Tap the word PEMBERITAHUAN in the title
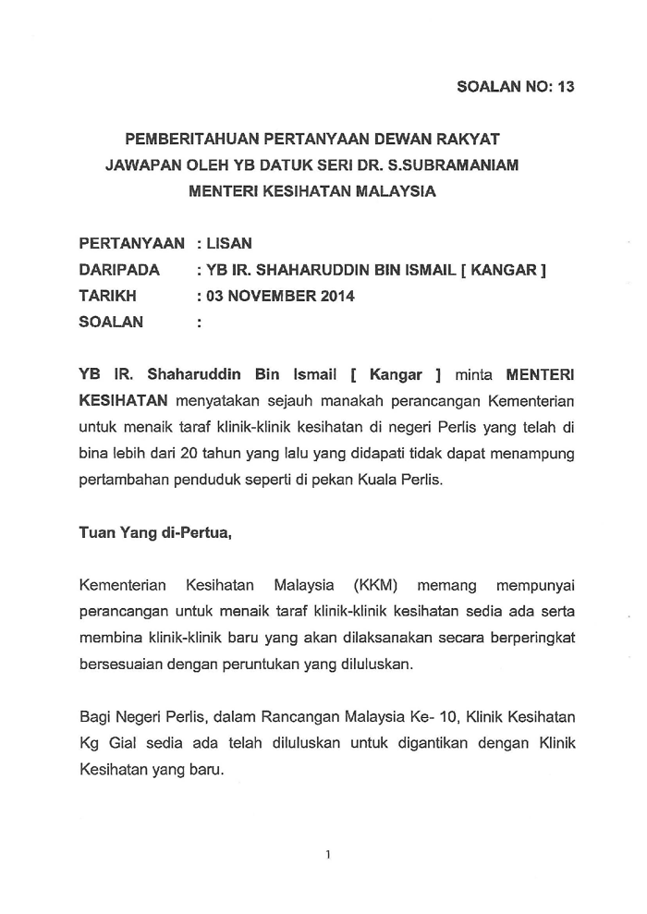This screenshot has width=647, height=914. point(190,140)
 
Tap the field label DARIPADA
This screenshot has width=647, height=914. point(120,271)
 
